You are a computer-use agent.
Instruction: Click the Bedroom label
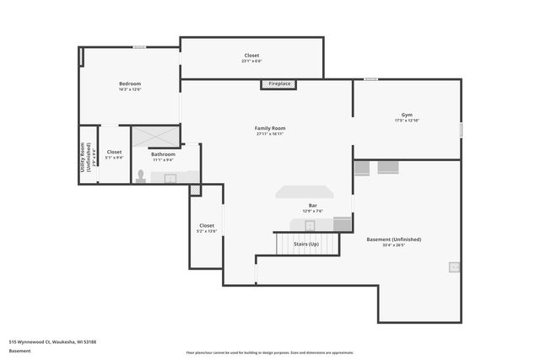[x=130, y=83]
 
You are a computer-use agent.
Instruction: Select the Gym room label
[x=407, y=115]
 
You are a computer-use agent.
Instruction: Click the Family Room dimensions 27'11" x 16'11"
[x=270, y=133]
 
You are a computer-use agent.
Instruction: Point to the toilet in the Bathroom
[x=140, y=176]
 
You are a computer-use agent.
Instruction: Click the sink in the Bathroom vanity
[x=170, y=178]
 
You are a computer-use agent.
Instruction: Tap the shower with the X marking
[x=155, y=137]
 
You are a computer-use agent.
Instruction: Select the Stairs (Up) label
[x=306, y=244]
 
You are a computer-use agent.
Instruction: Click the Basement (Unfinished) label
[x=394, y=239]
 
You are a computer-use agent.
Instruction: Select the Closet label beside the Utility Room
[x=114, y=152]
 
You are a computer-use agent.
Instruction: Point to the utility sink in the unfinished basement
[x=454, y=267]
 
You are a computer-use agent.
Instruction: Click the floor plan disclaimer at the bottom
[x=270, y=353]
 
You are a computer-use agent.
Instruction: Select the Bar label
[x=312, y=206]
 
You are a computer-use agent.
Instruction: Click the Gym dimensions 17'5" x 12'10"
[x=407, y=121]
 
